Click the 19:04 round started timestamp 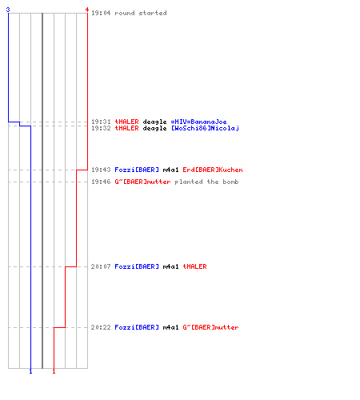[101, 13]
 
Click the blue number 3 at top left [8, 10]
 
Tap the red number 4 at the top [87, 10]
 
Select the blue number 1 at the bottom [30, 371]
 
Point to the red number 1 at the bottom [54, 371]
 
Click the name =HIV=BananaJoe [198, 122]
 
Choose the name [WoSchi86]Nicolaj [205, 128]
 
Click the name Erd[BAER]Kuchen [213, 170]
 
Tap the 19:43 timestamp [101, 170]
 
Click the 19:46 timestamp [101, 182]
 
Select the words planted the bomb [206, 182]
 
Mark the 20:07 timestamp [101, 266]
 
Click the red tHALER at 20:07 [194, 266]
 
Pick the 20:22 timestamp [101, 327]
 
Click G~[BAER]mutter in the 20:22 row [210, 327]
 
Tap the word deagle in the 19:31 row [154, 122]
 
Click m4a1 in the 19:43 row [170, 170]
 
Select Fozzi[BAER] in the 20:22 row [137, 327]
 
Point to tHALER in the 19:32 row [126, 128]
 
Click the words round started [141, 13]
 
